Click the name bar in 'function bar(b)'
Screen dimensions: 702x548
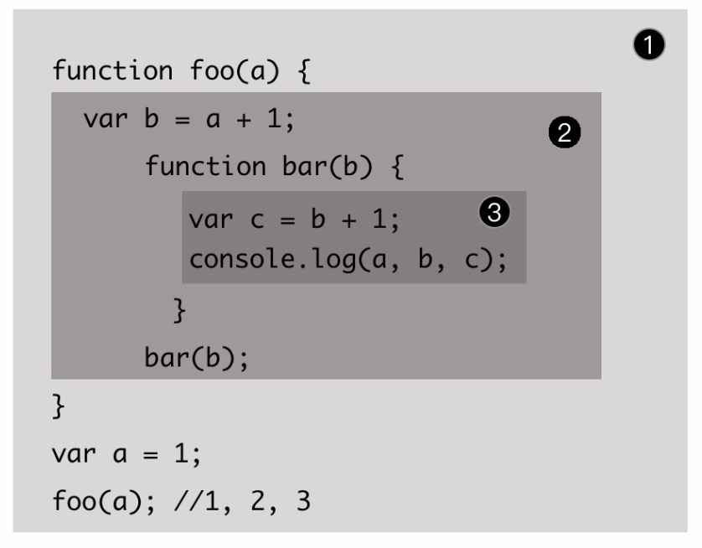coord(291,167)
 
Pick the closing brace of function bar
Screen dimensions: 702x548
coord(178,310)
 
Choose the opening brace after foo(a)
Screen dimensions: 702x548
coord(302,71)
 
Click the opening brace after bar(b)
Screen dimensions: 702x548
coord(396,167)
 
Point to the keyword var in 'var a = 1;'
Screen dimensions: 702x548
coord(70,458)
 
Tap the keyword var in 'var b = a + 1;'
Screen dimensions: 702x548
coord(103,119)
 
